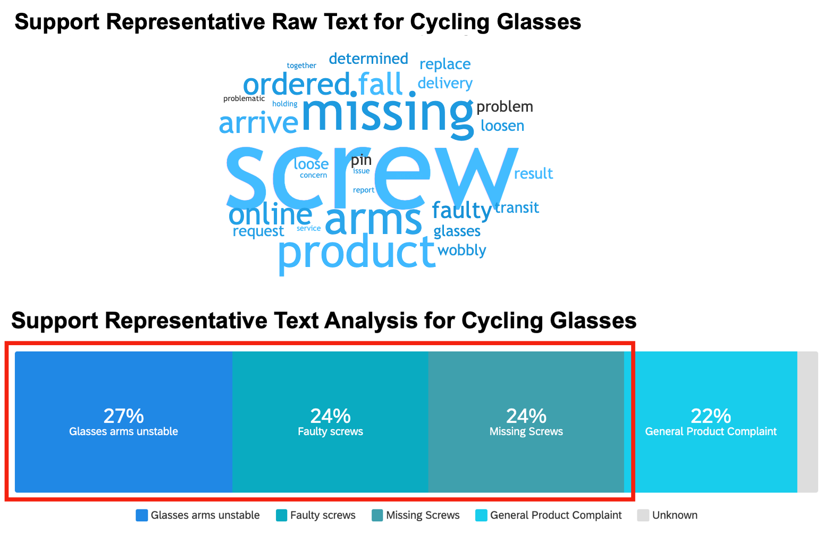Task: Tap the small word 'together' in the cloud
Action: coord(301,65)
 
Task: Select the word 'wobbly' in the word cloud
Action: coord(461,250)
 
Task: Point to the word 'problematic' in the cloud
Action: coord(244,98)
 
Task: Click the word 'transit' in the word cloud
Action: coord(517,207)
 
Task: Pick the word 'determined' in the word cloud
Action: coord(368,59)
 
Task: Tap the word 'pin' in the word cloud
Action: coord(361,160)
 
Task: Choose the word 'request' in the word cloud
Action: coord(258,231)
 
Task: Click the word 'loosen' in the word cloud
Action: coord(502,126)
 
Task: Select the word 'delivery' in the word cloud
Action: coord(445,83)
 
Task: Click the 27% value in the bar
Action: coord(123,415)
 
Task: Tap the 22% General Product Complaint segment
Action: coord(711,422)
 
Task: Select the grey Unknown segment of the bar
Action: coord(808,422)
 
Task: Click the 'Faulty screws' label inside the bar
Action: coord(330,431)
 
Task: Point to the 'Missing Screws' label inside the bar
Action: coord(526,431)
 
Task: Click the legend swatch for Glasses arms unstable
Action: coord(141,515)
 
